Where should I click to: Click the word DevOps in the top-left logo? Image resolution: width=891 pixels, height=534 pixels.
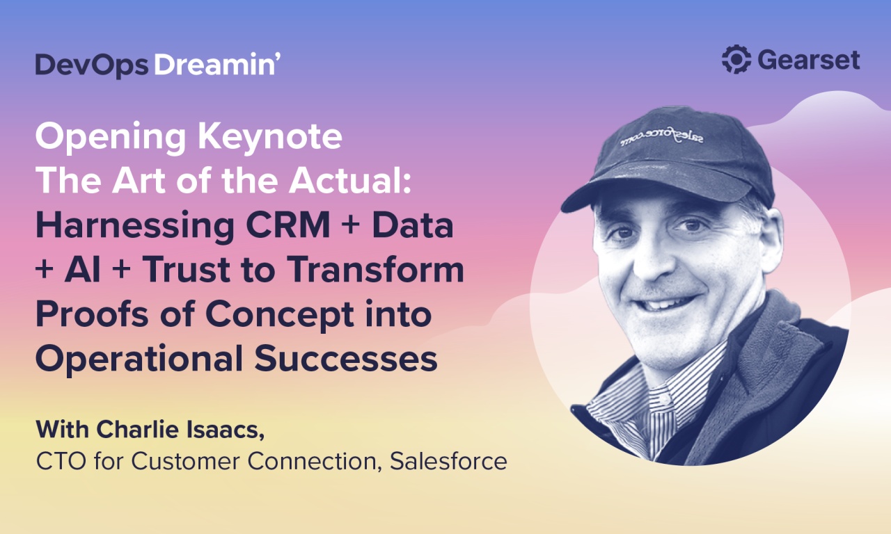pos(91,65)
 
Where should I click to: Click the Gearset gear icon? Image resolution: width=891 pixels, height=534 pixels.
pos(736,60)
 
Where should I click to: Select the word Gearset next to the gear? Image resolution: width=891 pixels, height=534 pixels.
pos(808,60)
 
